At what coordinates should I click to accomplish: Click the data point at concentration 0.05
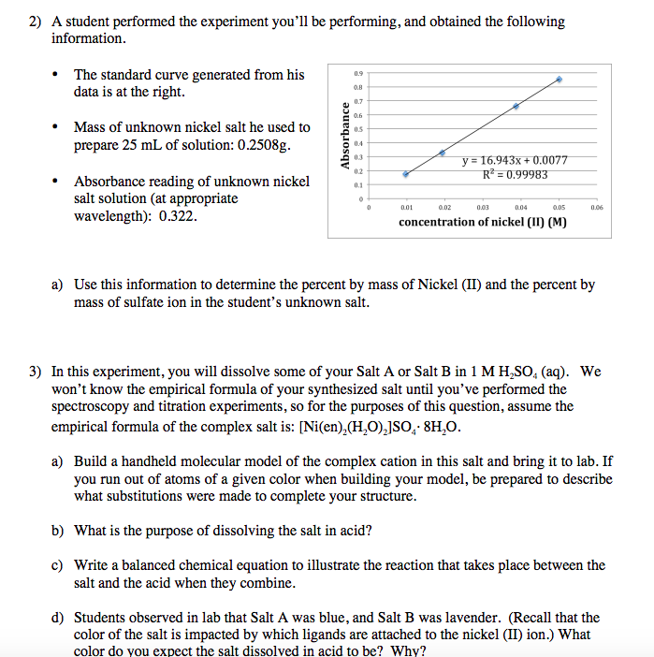pos(560,80)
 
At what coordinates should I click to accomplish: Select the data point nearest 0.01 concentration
pos(405,174)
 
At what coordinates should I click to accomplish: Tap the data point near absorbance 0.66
pos(516,106)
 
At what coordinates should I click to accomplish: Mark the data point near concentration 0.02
pos(443,152)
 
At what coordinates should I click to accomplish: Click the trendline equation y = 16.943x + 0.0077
pos(516,161)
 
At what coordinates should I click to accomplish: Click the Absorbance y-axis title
pos(345,135)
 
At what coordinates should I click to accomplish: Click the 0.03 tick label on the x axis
pos(483,208)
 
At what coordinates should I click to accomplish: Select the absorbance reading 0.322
pos(178,216)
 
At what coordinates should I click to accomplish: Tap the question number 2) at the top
pos(35,22)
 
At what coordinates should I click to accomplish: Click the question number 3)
pos(35,372)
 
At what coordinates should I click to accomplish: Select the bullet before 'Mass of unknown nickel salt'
pos(58,127)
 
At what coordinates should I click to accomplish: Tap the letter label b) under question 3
pos(58,531)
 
